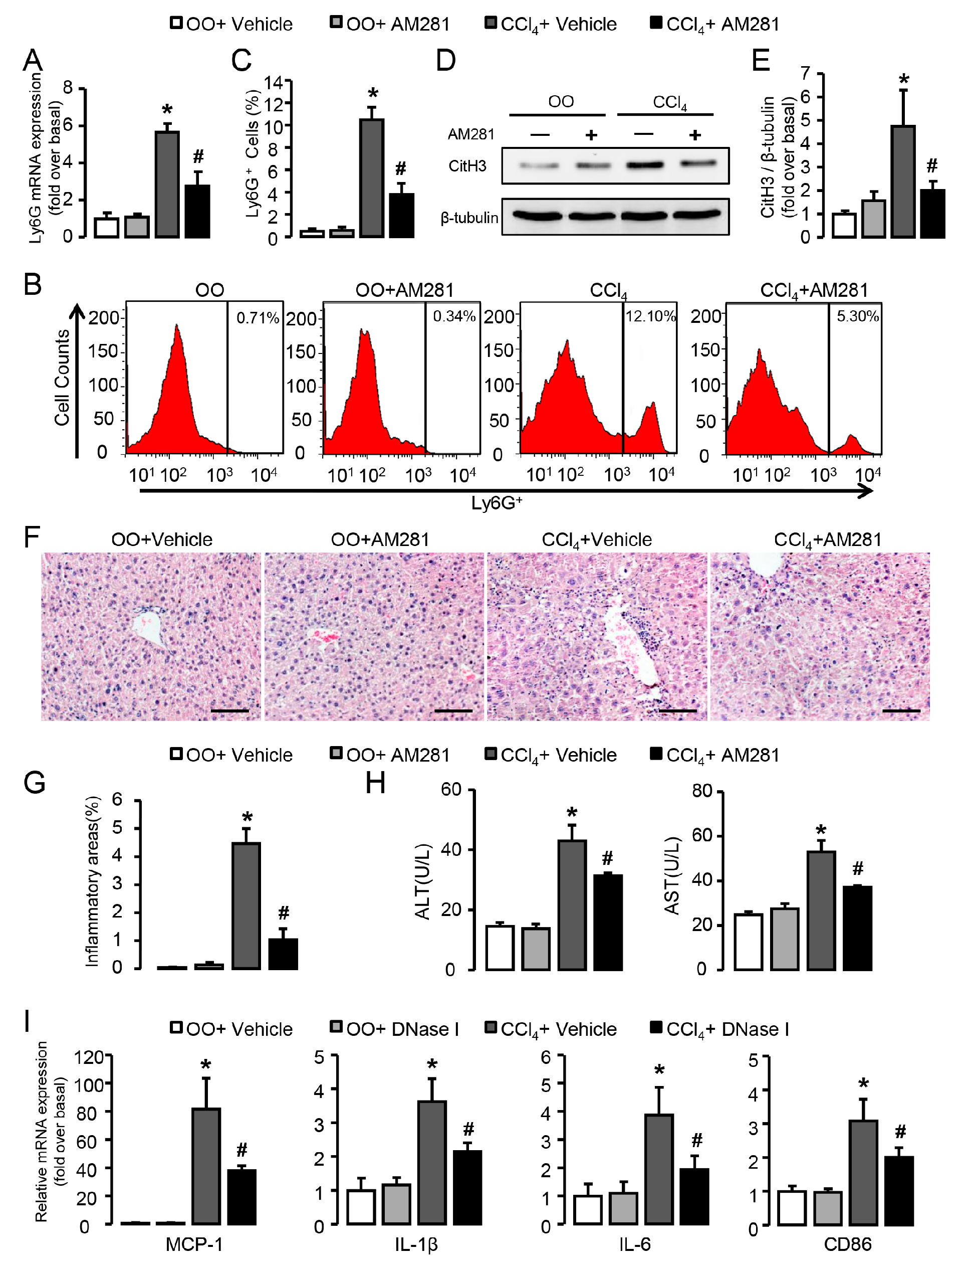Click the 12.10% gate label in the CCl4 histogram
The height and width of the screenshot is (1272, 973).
[650, 316]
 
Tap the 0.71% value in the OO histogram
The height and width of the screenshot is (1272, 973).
[258, 317]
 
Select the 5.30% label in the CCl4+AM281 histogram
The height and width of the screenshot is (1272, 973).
[858, 316]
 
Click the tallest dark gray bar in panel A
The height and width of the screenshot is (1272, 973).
[167, 185]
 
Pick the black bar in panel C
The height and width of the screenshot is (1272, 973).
[401, 215]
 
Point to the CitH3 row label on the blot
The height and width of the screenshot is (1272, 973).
[467, 166]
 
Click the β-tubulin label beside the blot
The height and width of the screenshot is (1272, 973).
[469, 218]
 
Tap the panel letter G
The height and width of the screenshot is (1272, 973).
[35, 783]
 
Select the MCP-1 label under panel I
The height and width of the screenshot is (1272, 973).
[194, 1244]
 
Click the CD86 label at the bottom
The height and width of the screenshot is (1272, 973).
[847, 1244]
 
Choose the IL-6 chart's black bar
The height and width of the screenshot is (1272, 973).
[694, 1196]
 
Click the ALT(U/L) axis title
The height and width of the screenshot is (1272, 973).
[423, 882]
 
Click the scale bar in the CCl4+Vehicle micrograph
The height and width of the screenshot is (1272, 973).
[677, 710]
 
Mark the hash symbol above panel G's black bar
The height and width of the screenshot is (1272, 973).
[283, 914]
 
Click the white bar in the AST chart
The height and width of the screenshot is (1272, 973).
[748, 942]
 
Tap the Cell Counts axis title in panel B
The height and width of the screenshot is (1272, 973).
[62, 378]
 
